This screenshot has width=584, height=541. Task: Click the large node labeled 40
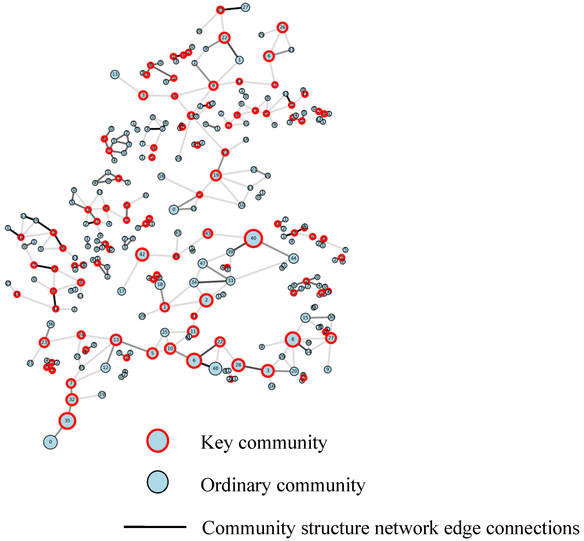pyautogui.click(x=253, y=238)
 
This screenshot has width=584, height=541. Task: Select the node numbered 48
pyautogui.click(x=215, y=368)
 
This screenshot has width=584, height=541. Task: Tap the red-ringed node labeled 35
pyautogui.click(x=67, y=421)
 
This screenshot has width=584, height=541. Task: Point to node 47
pyautogui.click(x=202, y=263)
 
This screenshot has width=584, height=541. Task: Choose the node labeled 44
pyautogui.click(x=293, y=258)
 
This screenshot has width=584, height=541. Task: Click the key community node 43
pyautogui.click(x=208, y=233)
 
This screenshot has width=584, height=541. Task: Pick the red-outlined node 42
pyautogui.click(x=142, y=254)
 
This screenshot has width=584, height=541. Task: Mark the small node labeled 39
pyautogui.click(x=230, y=252)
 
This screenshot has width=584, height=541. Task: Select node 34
pyautogui.click(x=194, y=283)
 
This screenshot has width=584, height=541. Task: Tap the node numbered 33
pyautogui.click(x=231, y=281)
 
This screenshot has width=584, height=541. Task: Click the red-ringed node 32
pyautogui.click(x=72, y=399)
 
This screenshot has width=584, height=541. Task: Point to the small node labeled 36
pyautogui.click(x=51, y=324)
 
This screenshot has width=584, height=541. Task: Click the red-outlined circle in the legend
pyautogui.click(x=158, y=441)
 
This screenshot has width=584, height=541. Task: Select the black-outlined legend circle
pyautogui.click(x=158, y=482)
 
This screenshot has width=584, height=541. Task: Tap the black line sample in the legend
pyautogui.click(x=155, y=527)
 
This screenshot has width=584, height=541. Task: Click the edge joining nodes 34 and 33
pyautogui.click(x=212, y=282)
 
